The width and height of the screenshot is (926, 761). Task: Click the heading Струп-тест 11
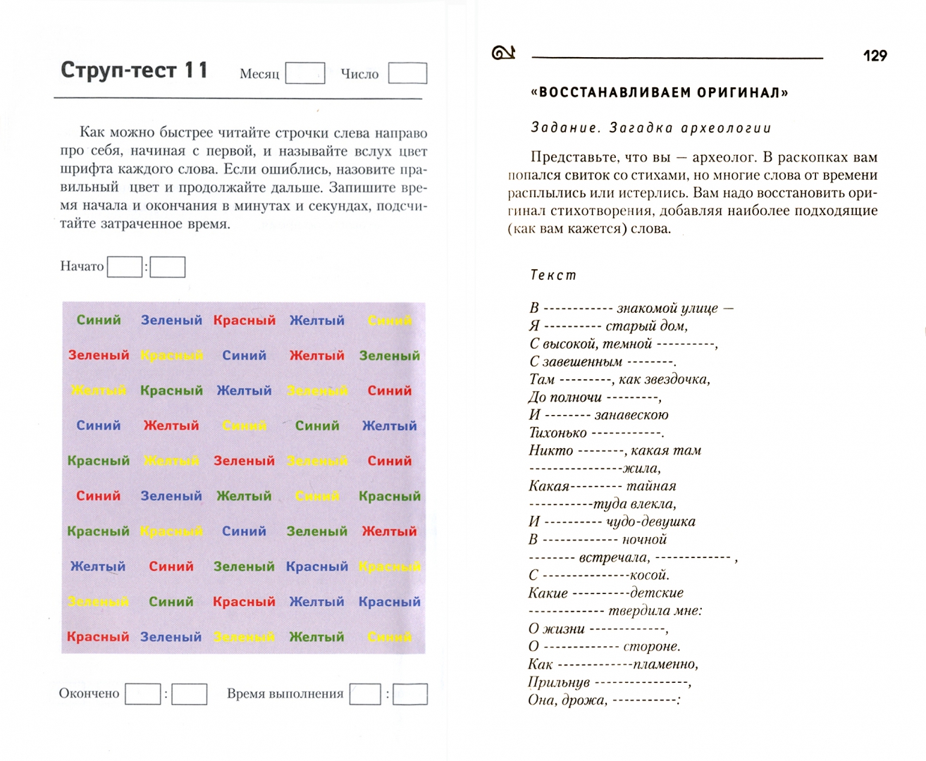coord(134,70)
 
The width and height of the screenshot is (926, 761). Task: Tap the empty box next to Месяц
coord(304,73)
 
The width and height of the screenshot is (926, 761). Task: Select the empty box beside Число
coord(407,73)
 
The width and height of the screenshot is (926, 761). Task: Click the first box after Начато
coord(125,267)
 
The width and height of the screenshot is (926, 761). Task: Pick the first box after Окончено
coord(143,694)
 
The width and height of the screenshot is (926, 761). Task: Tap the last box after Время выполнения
coord(410,694)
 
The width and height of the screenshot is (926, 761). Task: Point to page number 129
coord(875,56)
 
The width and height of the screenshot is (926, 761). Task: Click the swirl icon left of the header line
coord(503,53)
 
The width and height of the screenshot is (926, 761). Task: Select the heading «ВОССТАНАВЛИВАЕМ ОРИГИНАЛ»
coord(659,93)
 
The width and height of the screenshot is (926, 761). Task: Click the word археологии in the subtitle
coord(726,128)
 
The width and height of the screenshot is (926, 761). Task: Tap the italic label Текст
coord(553,276)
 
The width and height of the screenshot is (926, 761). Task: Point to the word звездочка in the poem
coord(679,379)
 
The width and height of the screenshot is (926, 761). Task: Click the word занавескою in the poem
coord(631,415)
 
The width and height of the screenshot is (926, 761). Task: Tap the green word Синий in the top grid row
coord(99,320)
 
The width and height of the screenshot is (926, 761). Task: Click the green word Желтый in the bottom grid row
coord(317,637)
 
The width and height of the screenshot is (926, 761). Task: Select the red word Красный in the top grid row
coord(245,320)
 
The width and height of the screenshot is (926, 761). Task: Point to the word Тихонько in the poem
coord(557,433)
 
